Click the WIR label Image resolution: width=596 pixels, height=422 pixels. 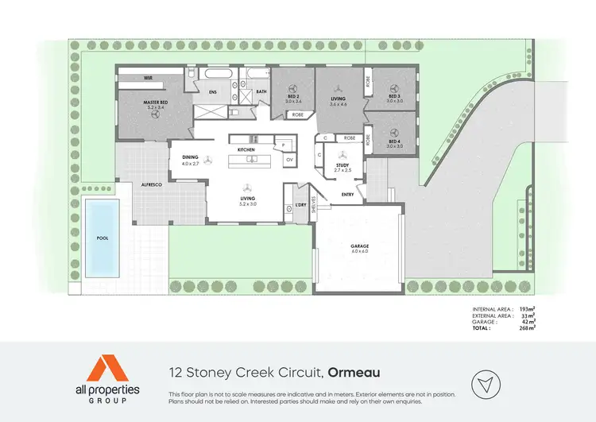[x=148, y=78]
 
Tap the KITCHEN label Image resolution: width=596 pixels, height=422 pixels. [x=246, y=149]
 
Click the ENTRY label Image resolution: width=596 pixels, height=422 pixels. [x=347, y=193]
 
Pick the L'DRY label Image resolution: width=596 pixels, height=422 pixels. [x=300, y=204]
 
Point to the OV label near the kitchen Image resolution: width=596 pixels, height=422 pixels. [x=289, y=160]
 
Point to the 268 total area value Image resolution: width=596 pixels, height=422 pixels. [x=524, y=327]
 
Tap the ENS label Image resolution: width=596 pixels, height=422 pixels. [x=213, y=92]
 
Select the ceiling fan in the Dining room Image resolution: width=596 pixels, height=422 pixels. [x=208, y=159]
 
